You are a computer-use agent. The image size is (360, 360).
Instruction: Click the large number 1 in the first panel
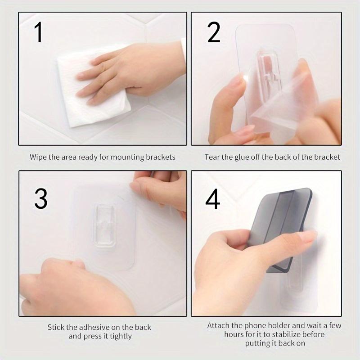pyautogui.click(x=39, y=32)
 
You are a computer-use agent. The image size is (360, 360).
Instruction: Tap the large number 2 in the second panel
pyautogui.click(x=214, y=32)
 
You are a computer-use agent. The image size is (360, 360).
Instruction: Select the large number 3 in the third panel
pyautogui.click(x=41, y=198)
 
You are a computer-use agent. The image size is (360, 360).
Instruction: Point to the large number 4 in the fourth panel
pyautogui.click(x=212, y=198)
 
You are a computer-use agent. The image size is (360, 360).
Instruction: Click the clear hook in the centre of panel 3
pyautogui.click(x=104, y=225)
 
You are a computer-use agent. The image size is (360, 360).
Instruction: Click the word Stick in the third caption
pyautogui.click(x=56, y=327)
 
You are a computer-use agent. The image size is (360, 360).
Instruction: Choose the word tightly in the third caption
pyautogui.click(x=121, y=336)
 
